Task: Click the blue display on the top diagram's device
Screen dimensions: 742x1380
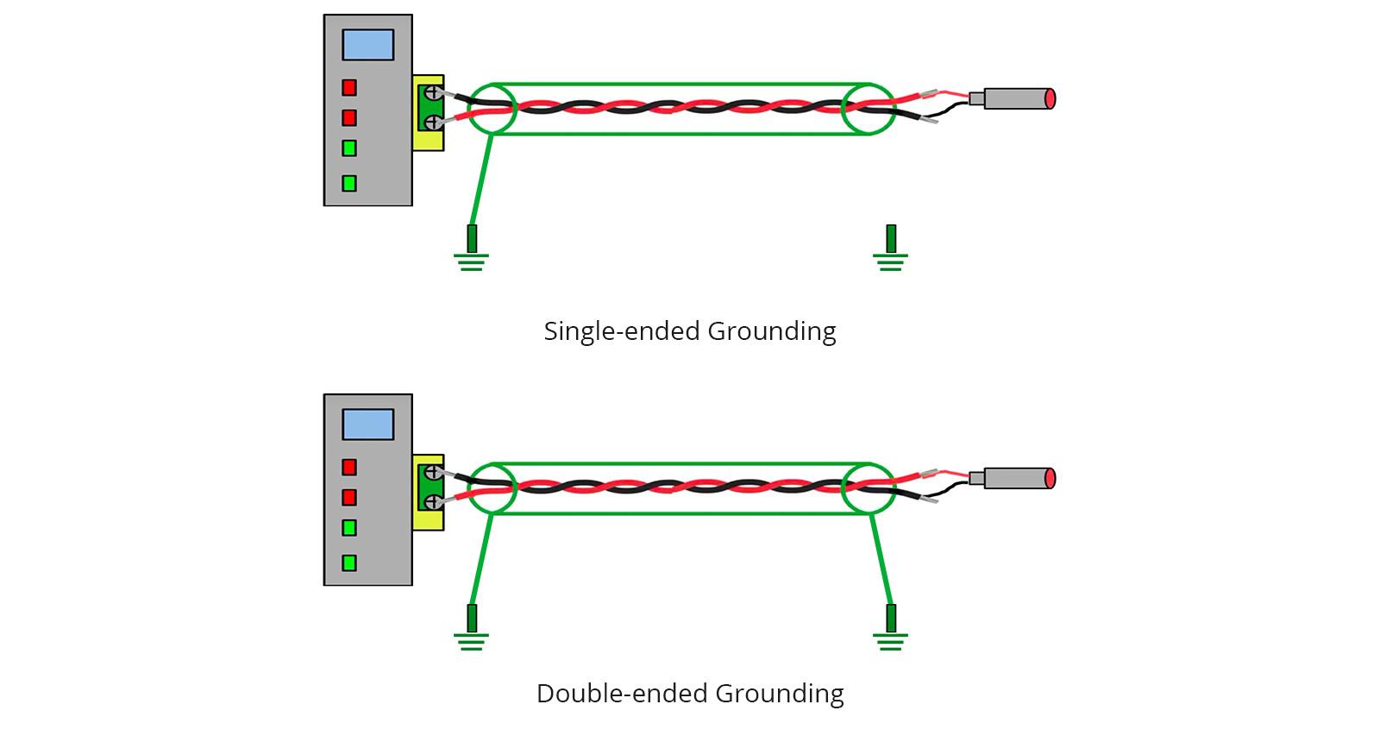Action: [x=368, y=45]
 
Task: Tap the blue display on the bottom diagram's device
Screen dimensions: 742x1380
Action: [x=368, y=424]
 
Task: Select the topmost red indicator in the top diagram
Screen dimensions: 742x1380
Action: [x=349, y=87]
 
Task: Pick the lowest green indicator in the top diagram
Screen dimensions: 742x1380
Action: [x=349, y=183]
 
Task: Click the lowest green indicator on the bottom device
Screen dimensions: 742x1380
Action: [x=349, y=563]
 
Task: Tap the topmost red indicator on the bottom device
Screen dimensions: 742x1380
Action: [x=349, y=467]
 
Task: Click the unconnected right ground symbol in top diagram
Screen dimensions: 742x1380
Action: [x=890, y=249]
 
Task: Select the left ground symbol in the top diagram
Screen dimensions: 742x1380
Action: [x=471, y=249]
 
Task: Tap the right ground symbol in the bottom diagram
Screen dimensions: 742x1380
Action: [x=890, y=629]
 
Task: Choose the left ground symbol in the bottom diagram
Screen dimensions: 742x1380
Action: [x=471, y=629]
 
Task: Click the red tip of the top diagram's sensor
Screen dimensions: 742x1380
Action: [x=1050, y=98]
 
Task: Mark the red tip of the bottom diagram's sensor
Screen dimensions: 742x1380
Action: [x=1050, y=478]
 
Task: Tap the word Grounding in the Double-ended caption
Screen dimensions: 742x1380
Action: [x=780, y=694]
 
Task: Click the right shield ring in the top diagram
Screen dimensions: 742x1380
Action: [x=868, y=110]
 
